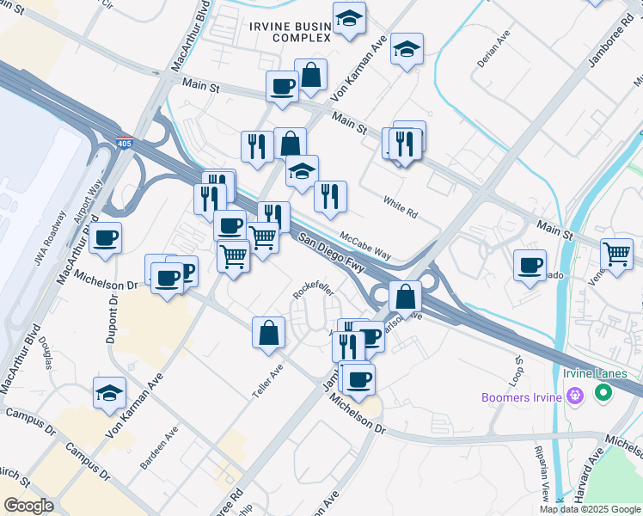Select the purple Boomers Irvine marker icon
coord(576,396)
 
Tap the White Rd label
coord(400,207)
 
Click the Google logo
coord(28,505)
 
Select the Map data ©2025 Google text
coord(591,509)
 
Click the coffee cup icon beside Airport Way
coord(105,239)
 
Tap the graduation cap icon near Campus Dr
coord(109,394)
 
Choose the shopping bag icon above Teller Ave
coord(269,333)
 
